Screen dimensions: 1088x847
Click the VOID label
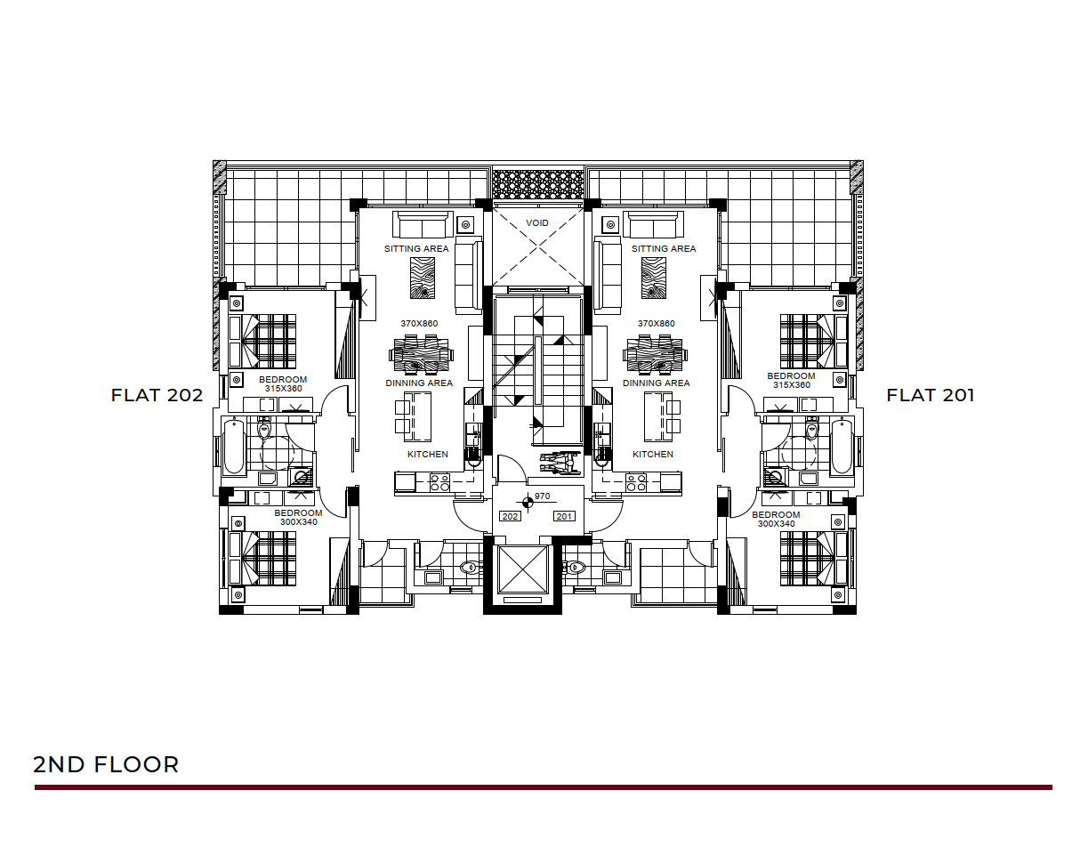[x=536, y=222]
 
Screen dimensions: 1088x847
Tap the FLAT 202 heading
[x=157, y=395]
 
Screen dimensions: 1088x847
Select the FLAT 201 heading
[x=930, y=395]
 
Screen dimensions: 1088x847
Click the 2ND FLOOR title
[x=106, y=764]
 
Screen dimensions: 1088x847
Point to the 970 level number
[x=542, y=496]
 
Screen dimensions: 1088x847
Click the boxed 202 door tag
[x=510, y=516]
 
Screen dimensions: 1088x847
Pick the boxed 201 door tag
[x=564, y=516]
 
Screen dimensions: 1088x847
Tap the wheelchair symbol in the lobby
[x=560, y=463]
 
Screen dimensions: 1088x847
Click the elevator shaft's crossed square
[x=522, y=569]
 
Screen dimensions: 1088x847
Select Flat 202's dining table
[x=421, y=355]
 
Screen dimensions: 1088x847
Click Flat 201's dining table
[x=655, y=355]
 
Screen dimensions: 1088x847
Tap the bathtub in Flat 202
[x=233, y=447]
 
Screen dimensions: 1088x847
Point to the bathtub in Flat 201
[x=842, y=447]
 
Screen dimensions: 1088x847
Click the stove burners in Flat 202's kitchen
[x=439, y=482]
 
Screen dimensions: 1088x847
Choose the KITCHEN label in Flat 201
[x=652, y=454]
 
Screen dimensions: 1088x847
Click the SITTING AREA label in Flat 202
[x=416, y=249]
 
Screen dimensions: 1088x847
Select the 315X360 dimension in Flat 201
[x=791, y=385]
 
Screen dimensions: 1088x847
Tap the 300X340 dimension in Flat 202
[x=298, y=521]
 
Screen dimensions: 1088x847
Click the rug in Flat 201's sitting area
[x=654, y=278]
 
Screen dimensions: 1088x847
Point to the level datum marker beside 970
[x=528, y=502]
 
